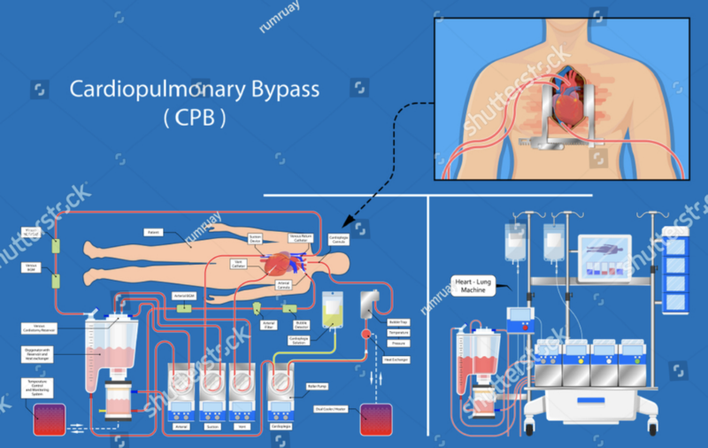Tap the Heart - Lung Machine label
tap(473, 284)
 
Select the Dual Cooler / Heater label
tap(328, 408)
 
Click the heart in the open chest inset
tap(566, 107)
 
